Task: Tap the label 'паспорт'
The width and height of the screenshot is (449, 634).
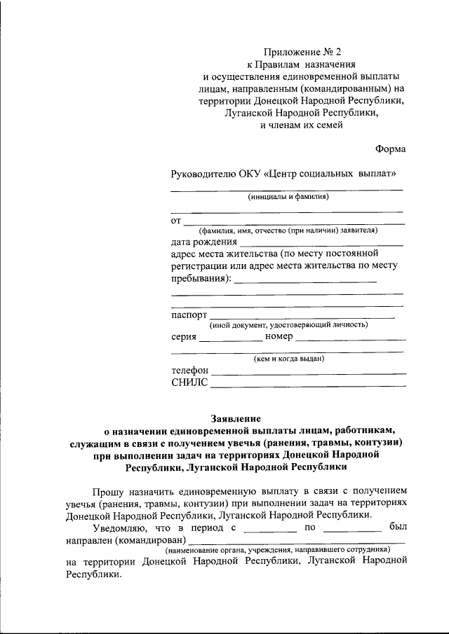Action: (189, 315)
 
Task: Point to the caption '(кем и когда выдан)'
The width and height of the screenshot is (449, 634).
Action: (288, 359)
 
